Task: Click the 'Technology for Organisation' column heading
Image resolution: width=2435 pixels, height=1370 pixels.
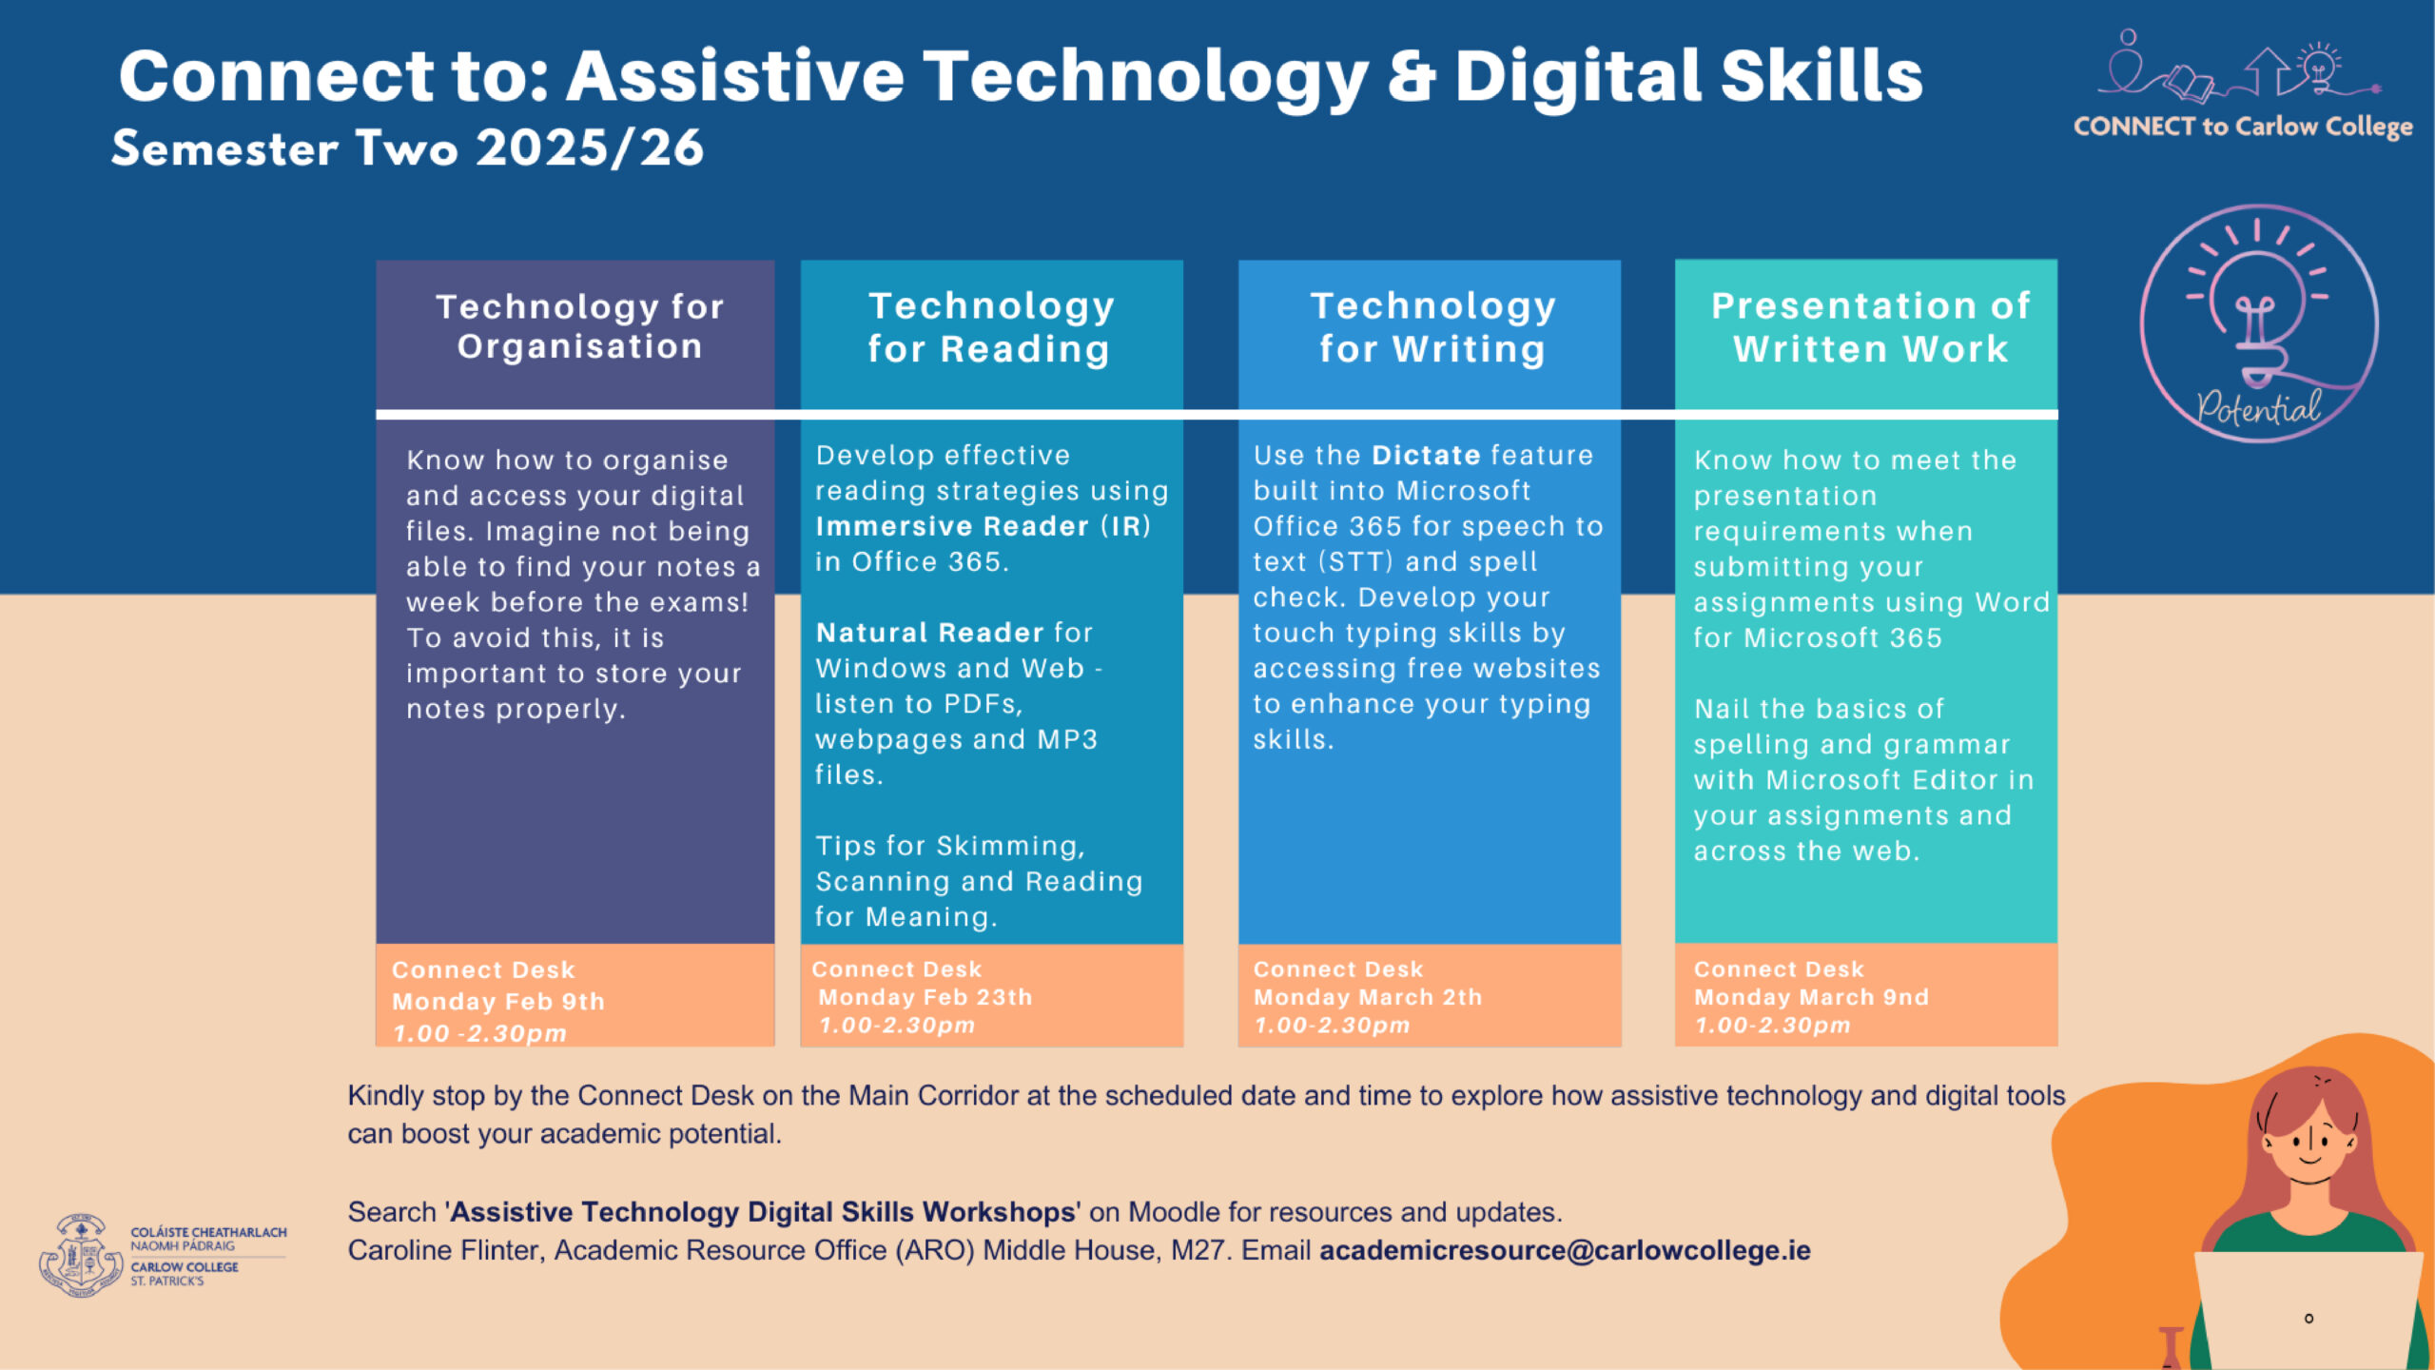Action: coord(580,326)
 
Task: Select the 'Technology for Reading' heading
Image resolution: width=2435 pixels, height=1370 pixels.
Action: coord(990,326)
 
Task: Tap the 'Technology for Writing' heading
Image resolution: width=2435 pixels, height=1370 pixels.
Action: coord(1432,326)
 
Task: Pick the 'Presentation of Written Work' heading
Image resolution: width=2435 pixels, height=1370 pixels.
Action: coord(1870,326)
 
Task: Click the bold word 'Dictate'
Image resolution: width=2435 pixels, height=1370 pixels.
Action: coord(1426,455)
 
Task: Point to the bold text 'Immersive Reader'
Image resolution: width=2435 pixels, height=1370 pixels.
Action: coord(951,526)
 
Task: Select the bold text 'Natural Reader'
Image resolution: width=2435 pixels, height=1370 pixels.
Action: coord(929,633)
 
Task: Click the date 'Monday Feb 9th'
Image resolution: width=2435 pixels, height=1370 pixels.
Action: coord(498,1002)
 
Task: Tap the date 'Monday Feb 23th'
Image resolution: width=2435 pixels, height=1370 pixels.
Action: coord(925,997)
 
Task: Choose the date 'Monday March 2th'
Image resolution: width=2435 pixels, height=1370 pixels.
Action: coord(1368,997)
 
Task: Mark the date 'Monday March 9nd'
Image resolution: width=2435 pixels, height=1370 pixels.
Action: coord(1811,997)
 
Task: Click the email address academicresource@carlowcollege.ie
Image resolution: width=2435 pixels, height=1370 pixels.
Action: coord(1565,1250)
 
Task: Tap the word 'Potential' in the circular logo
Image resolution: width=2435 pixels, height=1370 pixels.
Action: coord(2258,409)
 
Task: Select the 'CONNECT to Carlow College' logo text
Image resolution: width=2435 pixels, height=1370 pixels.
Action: coord(2243,127)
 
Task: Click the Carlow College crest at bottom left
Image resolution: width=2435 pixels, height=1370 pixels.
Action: coord(81,1256)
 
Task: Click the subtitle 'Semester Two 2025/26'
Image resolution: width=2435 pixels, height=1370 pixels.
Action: coord(407,148)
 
